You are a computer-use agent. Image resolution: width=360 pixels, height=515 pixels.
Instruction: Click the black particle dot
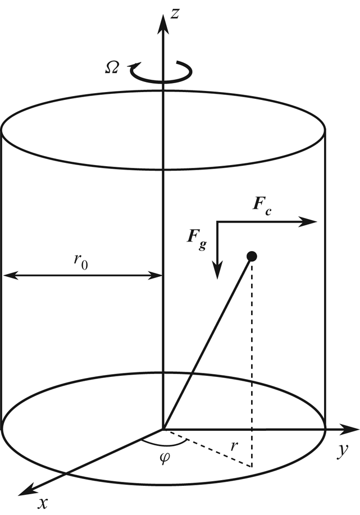pyautogui.click(x=252, y=257)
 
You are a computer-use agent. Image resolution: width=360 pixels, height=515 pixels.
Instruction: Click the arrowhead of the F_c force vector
pyautogui.click(x=311, y=222)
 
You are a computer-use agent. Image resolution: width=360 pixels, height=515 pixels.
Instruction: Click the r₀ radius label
pyautogui.click(x=81, y=262)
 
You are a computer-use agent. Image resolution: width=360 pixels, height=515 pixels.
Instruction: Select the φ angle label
pyautogui.click(x=164, y=455)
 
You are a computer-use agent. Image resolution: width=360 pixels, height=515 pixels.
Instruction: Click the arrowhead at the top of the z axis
pyautogui.click(x=163, y=22)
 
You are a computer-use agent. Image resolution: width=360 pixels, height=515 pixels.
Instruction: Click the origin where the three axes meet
pyautogui.click(x=163, y=430)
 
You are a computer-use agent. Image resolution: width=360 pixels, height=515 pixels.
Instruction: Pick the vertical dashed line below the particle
pyautogui.click(x=252, y=365)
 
